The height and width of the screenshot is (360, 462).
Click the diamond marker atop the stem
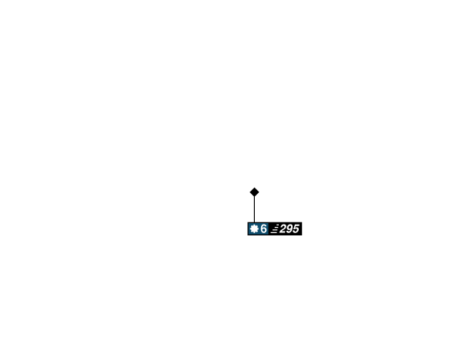coord(254,192)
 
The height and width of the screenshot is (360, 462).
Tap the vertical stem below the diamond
coord(254,210)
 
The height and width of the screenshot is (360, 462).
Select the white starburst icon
coord(254,228)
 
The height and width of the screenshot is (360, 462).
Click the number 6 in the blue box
coord(263,228)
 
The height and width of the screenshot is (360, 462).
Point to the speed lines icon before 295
coord(274,228)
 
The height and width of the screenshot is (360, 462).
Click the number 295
coord(290,228)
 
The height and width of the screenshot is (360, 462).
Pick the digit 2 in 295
coord(283,228)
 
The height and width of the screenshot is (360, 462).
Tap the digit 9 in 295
coord(290,228)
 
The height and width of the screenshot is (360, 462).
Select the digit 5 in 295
coord(296,228)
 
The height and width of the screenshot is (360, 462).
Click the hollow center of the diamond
coord(254,192)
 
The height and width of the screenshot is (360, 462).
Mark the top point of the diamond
coord(254,185)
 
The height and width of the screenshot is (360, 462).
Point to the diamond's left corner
coord(248,192)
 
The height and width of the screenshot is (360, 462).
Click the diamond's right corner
coord(260,192)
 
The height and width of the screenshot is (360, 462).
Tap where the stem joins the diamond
coord(254,198)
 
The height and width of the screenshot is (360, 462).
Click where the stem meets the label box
coord(254,222)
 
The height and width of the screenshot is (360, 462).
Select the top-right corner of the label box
coord(303,222)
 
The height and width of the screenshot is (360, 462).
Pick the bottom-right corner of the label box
coord(303,236)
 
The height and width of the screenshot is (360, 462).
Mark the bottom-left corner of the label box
coord(246,236)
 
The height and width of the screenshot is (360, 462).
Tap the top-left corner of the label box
coord(246,222)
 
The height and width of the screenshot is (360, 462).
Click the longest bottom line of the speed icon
coord(273,232)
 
